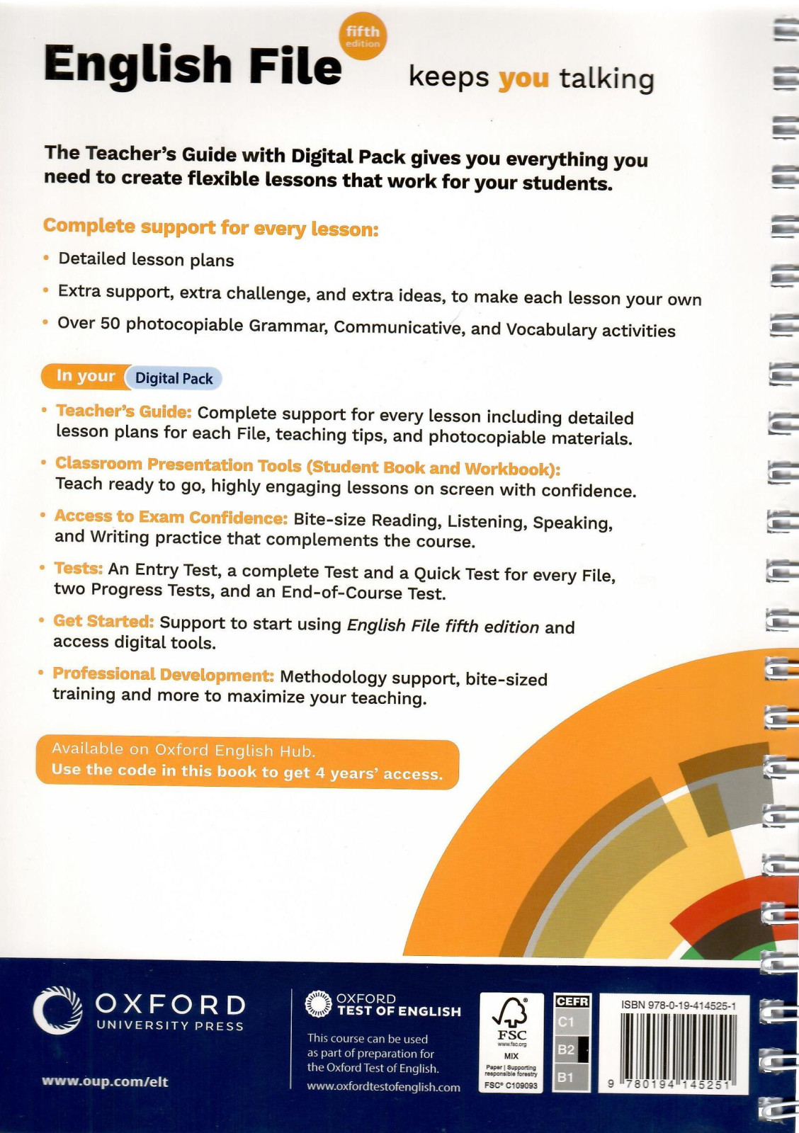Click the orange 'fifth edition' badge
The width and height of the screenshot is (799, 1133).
point(363,36)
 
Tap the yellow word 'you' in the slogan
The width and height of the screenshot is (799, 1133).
point(523,78)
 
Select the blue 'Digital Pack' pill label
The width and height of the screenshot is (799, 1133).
point(174,378)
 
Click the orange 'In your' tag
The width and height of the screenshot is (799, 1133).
point(85,376)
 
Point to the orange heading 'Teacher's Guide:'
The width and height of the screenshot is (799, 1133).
point(124,411)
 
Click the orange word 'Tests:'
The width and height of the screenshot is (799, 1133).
point(79,569)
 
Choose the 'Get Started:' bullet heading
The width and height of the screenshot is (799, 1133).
point(103,621)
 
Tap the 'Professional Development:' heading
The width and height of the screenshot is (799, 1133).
point(163,674)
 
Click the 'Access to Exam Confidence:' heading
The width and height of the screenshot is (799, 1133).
point(171,517)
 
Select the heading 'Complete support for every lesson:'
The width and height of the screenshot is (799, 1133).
point(211,227)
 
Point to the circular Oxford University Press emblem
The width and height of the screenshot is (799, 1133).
point(57,1010)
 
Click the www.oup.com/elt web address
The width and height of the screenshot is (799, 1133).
point(105,1081)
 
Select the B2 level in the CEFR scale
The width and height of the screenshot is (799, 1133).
point(566,1049)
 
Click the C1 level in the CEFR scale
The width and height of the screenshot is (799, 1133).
point(566,1022)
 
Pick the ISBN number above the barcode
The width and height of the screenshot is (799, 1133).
point(678,1006)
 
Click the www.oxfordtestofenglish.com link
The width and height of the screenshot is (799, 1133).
point(383,1087)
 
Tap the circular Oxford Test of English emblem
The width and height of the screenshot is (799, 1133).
point(318,1004)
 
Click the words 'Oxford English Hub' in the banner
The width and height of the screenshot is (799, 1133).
point(234,750)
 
